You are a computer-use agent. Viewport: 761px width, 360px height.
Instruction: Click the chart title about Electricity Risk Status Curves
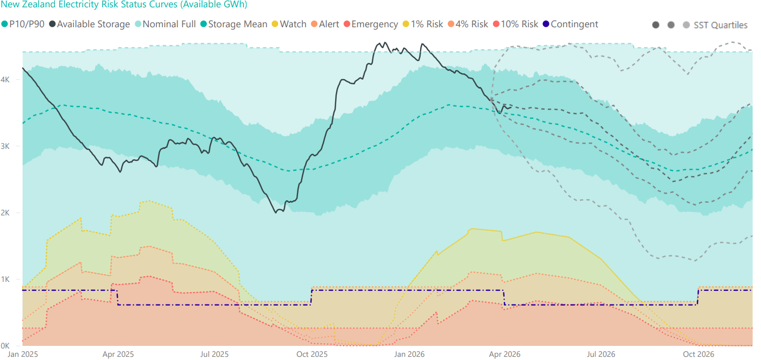click(x=124, y=4)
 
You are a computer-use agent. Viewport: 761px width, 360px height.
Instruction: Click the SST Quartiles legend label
click(x=720, y=25)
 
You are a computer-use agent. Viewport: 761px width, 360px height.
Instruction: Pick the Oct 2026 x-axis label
click(x=698, y=354)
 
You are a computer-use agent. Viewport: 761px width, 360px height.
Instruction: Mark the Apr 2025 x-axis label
click(x=118, y=354)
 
